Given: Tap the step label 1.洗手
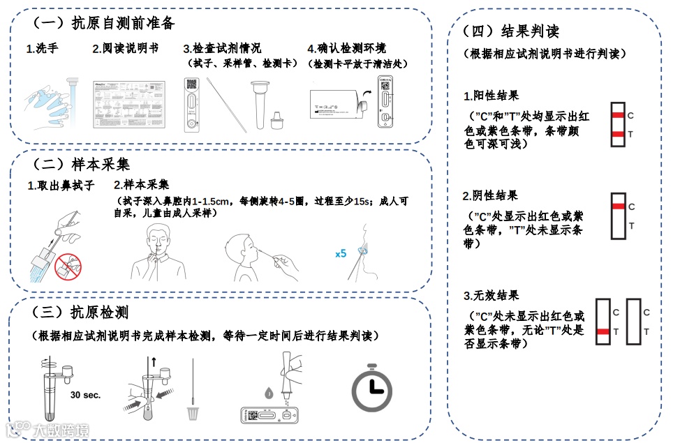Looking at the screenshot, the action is point(42,49).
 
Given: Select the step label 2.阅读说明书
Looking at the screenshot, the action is point(125,49).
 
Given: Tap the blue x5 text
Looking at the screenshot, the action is point(341,254).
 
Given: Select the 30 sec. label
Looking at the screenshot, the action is point(85,395).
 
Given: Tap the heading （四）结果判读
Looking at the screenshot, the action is point(511,31).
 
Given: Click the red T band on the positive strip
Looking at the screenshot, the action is point(617,134).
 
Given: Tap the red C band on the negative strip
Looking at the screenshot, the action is point(617,207).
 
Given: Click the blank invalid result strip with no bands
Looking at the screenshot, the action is point(633,322).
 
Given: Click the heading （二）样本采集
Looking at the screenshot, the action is point(81,165).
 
